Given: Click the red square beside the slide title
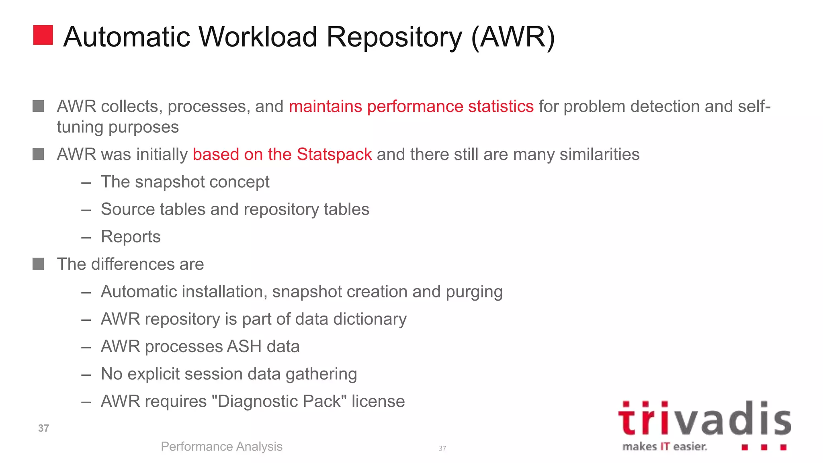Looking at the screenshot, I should tap(43, 35).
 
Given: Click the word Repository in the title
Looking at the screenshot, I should tap(394, 37).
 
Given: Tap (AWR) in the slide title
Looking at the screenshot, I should tap(513, 37).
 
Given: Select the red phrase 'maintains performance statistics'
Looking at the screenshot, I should tap(411, 107).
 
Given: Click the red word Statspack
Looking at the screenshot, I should tap(334, 154).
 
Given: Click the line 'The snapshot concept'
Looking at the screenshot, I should tap(185, 182).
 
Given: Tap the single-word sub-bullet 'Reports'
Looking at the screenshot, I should tap(131, 237).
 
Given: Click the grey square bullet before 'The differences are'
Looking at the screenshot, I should tap(38, 264).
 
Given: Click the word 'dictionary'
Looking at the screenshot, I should tap(370, 319).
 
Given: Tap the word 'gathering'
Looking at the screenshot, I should tap(321, 374).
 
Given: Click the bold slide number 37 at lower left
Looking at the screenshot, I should tap(43, 428).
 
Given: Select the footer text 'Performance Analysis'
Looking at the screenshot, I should tap(221, 447).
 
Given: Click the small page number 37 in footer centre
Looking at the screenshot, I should tap(442, 449).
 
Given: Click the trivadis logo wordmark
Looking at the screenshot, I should tap(704, 419).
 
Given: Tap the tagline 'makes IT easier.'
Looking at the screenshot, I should tap(665, 447).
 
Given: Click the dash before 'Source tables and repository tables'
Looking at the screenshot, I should tap(86, 210).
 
